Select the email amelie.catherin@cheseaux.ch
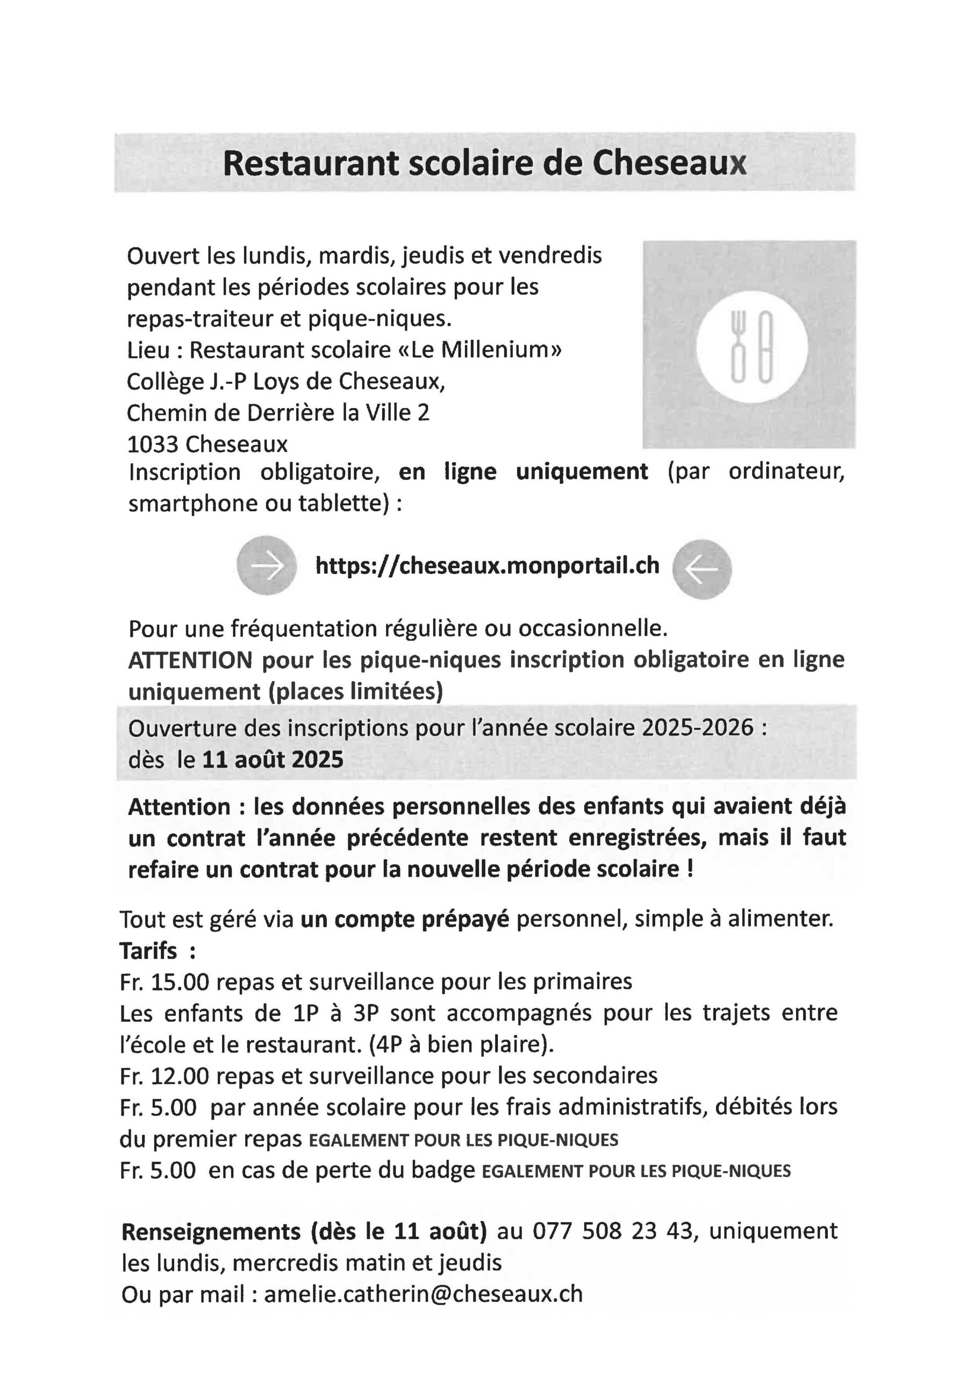423,1294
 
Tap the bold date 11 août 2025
273,760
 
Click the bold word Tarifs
149,950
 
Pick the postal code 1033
153,444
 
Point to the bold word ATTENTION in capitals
190,661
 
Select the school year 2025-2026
697,728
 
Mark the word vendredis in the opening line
550,256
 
